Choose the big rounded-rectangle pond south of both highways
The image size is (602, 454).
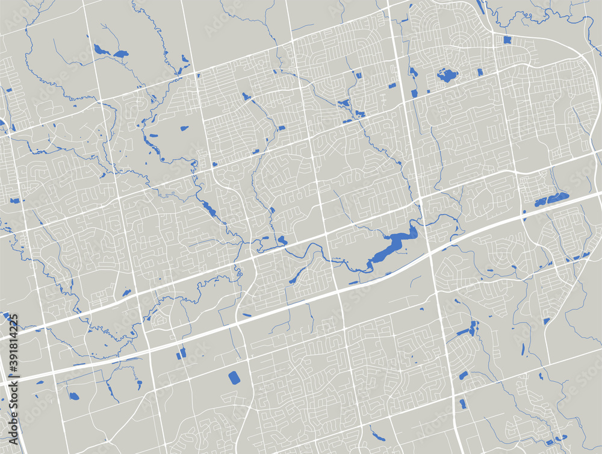tap(234, 378)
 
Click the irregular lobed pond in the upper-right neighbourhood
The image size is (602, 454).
tap(447, 75)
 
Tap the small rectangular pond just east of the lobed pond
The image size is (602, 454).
tap(480, 72)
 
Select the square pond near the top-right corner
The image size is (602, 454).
tap(506, 40)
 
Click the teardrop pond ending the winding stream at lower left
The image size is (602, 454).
tap(73, 396)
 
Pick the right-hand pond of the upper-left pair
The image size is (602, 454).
tap(120, 54)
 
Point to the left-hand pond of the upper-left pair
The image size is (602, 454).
tap(98, 49)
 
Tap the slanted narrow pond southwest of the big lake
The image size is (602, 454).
tap(297, 276)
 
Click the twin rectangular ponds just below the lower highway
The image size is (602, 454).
tap(181, 353)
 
